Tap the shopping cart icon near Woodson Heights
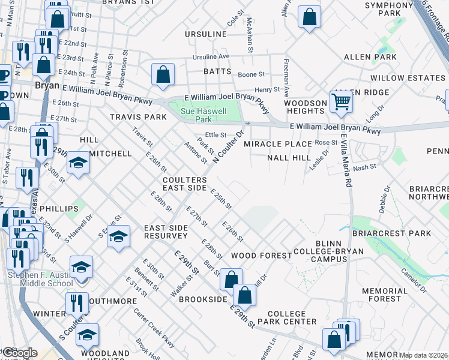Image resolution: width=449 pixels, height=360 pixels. click(x=341, y=103)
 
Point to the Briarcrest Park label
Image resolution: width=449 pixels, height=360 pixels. click(x=402, y=233)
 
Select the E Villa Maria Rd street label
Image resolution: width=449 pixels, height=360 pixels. click(x=345, y=160)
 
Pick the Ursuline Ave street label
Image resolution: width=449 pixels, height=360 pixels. click(x=211, y=57)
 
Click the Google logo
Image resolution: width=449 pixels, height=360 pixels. click(x=19, y=353)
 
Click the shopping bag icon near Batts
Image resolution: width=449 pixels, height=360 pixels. click(x=163, y=76)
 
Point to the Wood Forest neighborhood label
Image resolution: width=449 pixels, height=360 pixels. click(x=261, y=256)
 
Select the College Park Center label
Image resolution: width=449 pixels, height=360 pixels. click(x=292, y=317)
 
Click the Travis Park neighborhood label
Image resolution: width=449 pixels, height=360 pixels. click(x=137, y=117)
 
